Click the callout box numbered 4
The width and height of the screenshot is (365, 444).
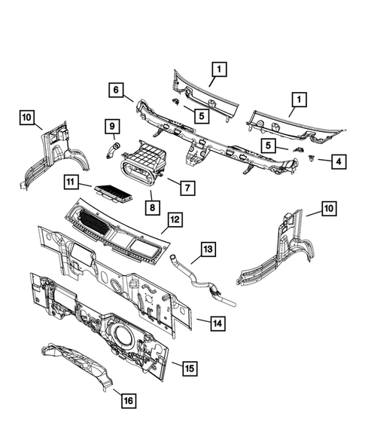319,161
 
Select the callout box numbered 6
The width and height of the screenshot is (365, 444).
116,90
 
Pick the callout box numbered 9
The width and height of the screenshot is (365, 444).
111,125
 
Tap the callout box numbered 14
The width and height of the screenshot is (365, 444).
217,323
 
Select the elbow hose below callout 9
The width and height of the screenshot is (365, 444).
113,149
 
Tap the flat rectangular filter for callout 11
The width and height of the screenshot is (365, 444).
113,194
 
